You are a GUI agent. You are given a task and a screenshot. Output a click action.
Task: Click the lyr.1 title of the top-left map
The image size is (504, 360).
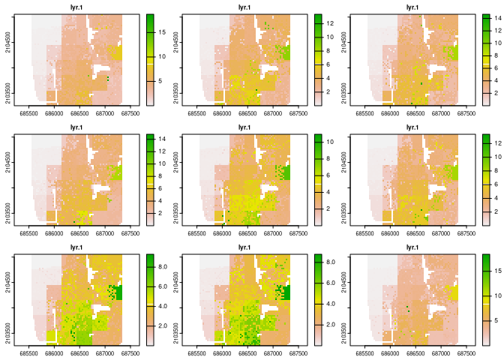(x=76, y=7)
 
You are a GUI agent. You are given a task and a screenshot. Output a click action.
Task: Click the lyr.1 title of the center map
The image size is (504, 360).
(x=244, y=127)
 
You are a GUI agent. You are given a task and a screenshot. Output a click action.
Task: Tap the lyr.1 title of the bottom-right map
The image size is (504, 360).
(x=412, y=247)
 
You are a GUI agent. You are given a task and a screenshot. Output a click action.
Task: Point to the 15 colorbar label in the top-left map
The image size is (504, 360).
(x=160, y=31)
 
